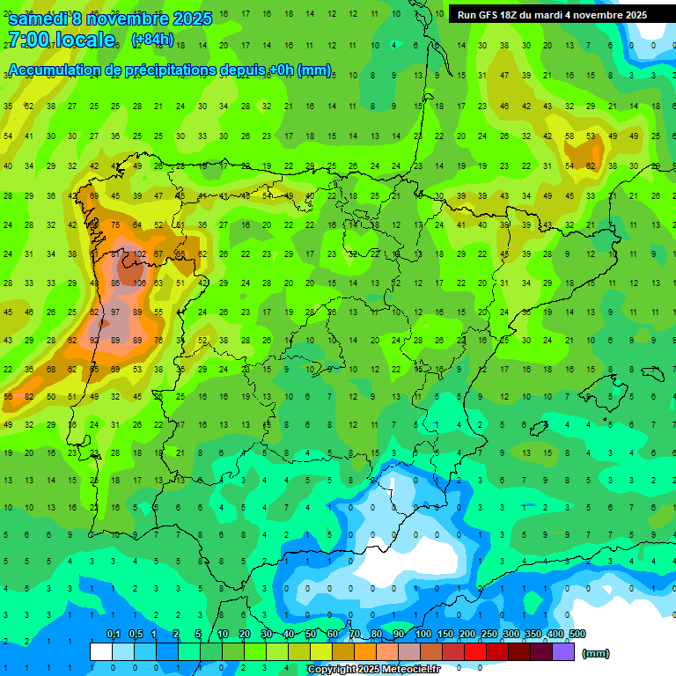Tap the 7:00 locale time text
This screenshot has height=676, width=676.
point(62,40)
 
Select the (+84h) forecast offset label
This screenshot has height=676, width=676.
point(152,40)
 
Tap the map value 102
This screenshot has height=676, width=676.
point(138,254)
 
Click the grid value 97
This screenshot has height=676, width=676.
point(115,312)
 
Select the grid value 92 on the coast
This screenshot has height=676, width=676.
point(94,340)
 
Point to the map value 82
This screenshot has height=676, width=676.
point(29,397)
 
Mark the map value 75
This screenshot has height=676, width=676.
point(115,225)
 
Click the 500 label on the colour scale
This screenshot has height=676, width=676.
point(577,635)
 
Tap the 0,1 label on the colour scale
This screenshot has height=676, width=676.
point(113,635)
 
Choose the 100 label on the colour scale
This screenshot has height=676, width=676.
point(422,635)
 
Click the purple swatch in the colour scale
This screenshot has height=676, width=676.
point(563,651)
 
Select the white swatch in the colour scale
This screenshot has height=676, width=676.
point(101,651)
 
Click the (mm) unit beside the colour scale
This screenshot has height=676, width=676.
point(596,653)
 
